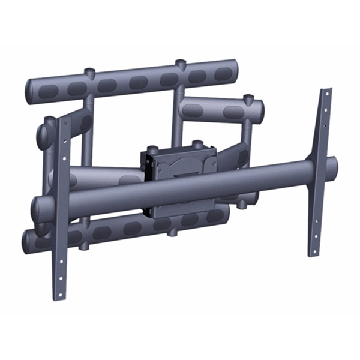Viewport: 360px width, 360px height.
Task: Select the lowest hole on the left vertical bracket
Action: (62, 278)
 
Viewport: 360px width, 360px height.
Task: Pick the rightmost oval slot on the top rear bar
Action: (222, 73)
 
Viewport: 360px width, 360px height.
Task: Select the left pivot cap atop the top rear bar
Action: (89, 73)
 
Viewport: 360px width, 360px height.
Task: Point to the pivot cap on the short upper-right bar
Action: (246, 97)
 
